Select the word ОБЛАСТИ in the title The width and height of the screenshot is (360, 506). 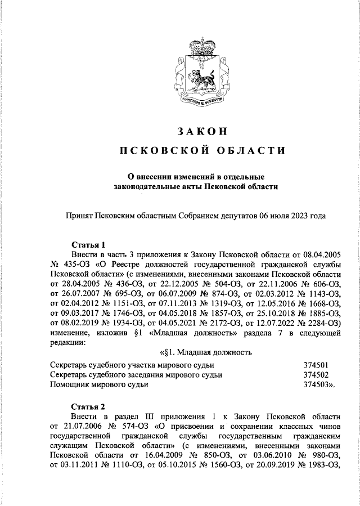click(245, 150)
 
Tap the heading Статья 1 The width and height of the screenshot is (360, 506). click(89, 245)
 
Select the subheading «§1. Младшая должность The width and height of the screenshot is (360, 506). click(205, 353)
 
